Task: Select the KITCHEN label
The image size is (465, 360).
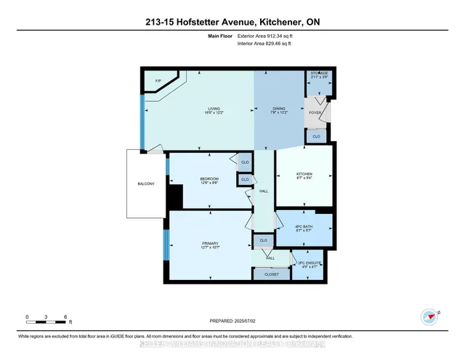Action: pos(304,175)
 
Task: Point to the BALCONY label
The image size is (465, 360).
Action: pos(145,184)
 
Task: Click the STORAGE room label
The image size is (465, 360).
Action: pos(319,73)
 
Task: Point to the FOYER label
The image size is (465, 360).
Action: pos(315,113)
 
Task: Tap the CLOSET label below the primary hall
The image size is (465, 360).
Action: pos(271,274)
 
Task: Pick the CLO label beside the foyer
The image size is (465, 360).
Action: pos(316,136)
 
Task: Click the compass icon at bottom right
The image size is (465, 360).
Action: pos(428,316)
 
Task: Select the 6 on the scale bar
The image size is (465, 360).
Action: pos(66,317)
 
